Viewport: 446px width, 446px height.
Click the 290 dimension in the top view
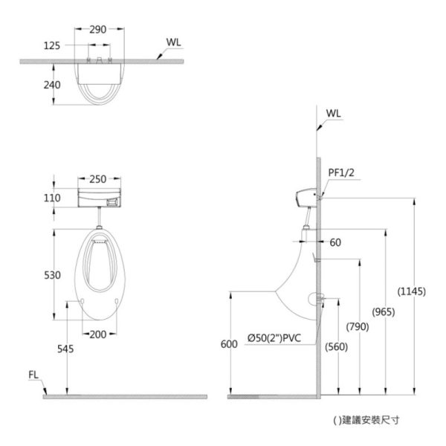(98, 30)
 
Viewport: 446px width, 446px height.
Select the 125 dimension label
(52, 45)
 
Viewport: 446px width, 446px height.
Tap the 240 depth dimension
(52, 85)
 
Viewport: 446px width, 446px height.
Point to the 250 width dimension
(98, 179)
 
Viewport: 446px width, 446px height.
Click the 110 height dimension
(52, 198)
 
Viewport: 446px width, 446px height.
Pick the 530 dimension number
(52, 275)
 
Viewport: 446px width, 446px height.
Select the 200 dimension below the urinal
(98, 334)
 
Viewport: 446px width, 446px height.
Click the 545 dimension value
(65, 349)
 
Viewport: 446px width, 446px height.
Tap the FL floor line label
(33, 375)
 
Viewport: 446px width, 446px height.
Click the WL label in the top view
(173, 42)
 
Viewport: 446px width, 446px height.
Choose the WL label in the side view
(333, 114)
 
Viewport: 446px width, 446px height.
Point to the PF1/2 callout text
(341, 172)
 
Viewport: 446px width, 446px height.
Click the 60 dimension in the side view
(335, 242)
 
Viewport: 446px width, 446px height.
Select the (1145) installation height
(412, 291)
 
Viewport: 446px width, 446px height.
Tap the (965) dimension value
(384, 312)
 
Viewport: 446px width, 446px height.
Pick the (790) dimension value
(358, 326)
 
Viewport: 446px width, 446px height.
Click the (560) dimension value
(337, 346)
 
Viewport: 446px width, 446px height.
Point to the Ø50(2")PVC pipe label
(274, 338)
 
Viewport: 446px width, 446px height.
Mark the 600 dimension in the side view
(229, 344)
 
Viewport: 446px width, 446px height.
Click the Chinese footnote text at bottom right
(366, 420)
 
